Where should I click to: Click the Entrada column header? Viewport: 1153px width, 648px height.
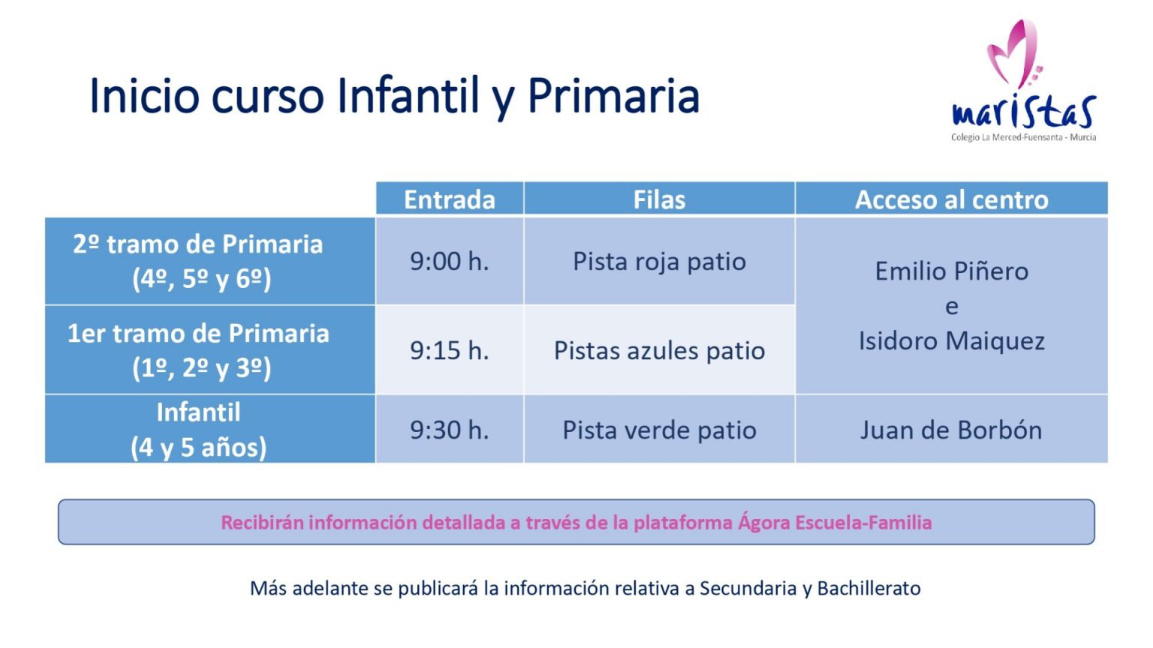coord(450,199)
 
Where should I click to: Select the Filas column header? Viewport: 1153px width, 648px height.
coord(659,199)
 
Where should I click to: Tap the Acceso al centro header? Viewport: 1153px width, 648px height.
coord(951,199)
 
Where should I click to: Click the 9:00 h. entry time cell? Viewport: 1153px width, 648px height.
coord(450,261)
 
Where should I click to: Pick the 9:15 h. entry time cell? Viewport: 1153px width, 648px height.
coord(450,351)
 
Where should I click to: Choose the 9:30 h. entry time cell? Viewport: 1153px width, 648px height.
coord(450,430)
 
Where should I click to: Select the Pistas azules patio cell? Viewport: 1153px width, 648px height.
coord(659,351)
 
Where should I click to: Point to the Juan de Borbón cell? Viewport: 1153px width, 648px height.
coord(951,430)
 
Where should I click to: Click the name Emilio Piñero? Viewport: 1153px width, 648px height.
coord(952,271)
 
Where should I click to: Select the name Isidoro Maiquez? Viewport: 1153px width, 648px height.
coord(952,341)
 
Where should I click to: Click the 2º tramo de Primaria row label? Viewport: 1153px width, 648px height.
coord(198,261)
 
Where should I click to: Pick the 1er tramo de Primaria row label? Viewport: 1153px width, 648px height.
coord(198,350)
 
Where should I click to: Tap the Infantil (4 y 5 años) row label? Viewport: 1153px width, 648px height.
coord(198,430)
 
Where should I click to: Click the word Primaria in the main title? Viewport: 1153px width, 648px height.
coord(613,97)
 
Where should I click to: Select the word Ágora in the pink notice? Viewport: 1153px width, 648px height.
coord(764,522)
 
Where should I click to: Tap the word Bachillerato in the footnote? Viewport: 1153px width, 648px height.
coord(869,588)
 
